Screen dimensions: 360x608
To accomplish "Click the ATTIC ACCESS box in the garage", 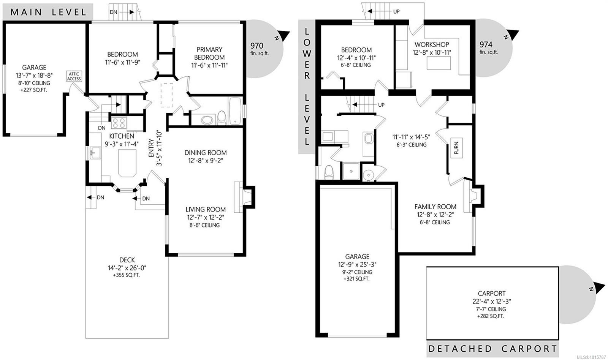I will click(74, 76).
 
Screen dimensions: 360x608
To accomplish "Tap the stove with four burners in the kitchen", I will click(119, 123).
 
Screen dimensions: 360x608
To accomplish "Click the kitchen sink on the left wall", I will click(95, 153).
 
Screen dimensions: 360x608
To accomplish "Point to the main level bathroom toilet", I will click(222, 118).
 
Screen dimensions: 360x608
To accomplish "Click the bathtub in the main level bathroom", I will click(235, 111).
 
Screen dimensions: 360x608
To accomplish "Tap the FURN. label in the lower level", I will click(456, 147).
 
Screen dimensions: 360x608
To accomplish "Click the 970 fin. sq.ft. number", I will click(257, 46).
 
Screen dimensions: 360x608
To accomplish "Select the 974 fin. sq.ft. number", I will click(486, 44).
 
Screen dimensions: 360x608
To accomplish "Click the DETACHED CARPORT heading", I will click(492, 349).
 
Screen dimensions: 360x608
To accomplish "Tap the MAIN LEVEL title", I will click(48, 12).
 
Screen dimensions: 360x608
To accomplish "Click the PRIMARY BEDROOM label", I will click(209, 53).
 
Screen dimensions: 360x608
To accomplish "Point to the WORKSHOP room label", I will click(432, 44).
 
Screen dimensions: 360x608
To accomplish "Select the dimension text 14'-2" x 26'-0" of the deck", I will click(127, 268).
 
